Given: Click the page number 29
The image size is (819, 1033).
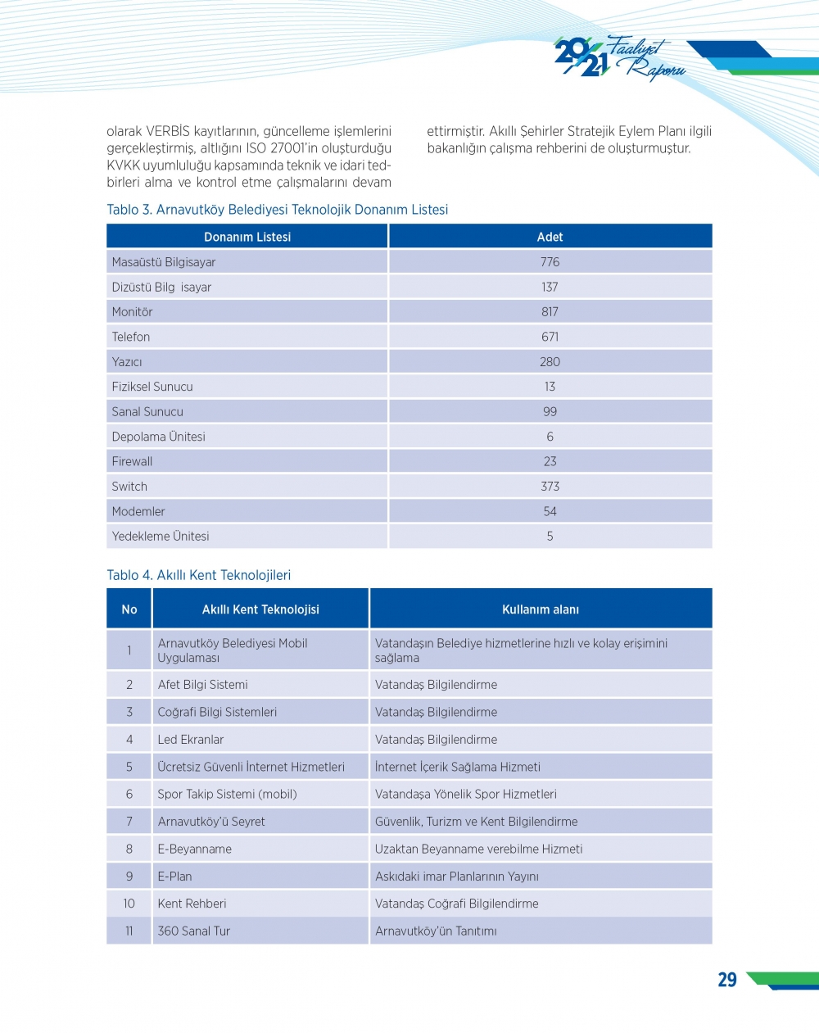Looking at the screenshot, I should [727, 980].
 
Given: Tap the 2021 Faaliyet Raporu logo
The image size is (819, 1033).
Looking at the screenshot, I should [618, 58].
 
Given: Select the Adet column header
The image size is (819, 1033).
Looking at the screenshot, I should [550, 237].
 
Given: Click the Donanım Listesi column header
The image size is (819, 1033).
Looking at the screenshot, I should [247, 237].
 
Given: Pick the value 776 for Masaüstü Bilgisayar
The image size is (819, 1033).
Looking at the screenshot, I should [550, 262].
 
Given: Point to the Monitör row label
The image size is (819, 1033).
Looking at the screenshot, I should [133, 312].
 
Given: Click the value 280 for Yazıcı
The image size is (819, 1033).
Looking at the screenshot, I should [550, 362].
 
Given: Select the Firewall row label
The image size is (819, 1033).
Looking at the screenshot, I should [133, 461].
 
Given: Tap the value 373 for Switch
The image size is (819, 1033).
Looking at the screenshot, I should [550, 487].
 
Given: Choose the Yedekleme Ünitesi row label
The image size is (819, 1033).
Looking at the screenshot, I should [161, 537].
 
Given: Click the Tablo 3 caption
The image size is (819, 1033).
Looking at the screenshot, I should [277, 210].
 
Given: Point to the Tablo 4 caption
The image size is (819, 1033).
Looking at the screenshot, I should [198, 575].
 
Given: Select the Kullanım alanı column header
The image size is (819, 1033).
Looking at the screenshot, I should [541, 609].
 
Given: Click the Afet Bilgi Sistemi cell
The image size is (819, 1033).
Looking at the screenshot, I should [203, 685].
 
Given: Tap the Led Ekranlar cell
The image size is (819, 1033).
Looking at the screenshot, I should [191, 740].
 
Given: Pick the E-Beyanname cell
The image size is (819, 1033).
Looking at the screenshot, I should [195, 850].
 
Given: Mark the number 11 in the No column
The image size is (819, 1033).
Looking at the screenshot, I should [129, 931].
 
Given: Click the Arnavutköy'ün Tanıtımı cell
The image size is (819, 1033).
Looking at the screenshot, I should [436, 931].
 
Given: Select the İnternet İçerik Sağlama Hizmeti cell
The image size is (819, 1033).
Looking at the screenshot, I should [458, 768].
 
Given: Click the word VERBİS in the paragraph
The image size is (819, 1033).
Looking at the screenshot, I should [168, 131].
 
